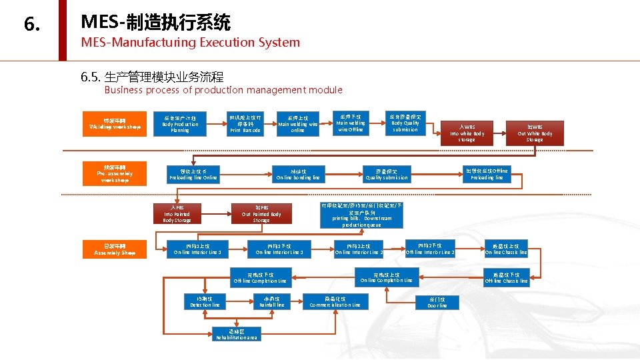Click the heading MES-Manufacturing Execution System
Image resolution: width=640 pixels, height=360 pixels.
pos(190,43)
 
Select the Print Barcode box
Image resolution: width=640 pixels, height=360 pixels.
pos(245,123)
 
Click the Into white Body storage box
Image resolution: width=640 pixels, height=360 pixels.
pos(467,133)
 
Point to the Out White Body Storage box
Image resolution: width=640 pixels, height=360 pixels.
pos(535,133)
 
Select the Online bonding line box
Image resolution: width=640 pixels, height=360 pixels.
pos(298,174)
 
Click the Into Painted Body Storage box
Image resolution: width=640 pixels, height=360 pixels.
pos(177,213)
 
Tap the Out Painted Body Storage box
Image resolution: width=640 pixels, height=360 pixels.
pos(261,213)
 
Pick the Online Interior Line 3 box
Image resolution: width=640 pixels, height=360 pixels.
pos(197,249)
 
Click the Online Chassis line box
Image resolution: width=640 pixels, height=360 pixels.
pos(506,249)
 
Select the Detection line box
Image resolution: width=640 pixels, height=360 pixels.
pos(205,301)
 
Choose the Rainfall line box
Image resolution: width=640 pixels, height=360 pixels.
pos(271,301)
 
